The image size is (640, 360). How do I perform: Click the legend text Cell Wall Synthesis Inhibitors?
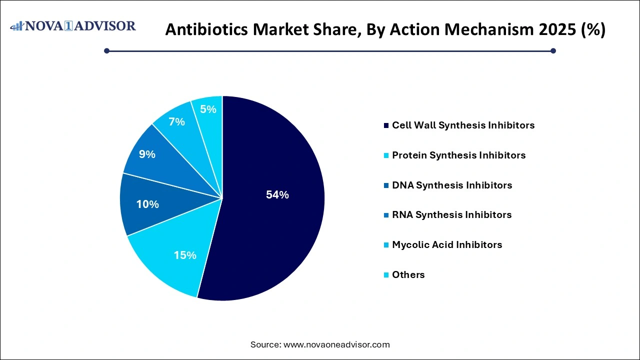[463, 125]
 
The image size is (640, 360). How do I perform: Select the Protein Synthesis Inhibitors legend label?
[458, 155]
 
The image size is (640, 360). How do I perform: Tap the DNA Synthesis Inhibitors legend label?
[452, 185]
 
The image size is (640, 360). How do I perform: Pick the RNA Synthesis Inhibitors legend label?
[451, 215]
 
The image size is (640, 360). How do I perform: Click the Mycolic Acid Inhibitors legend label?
[447, 245]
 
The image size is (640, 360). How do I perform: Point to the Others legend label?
[408, 275]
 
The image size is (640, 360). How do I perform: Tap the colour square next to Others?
[386, 275]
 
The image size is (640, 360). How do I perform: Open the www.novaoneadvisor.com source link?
[336, 344]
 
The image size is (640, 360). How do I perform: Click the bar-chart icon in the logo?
[17, 25]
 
